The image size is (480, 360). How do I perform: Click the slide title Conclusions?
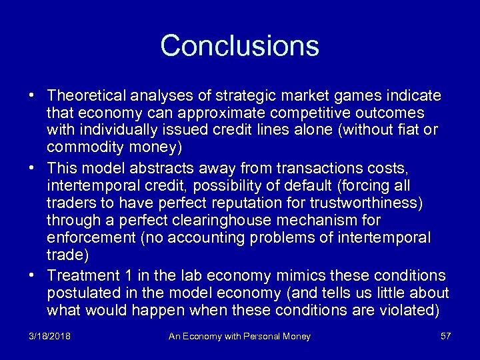240,46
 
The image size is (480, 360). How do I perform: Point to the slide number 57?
445,337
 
